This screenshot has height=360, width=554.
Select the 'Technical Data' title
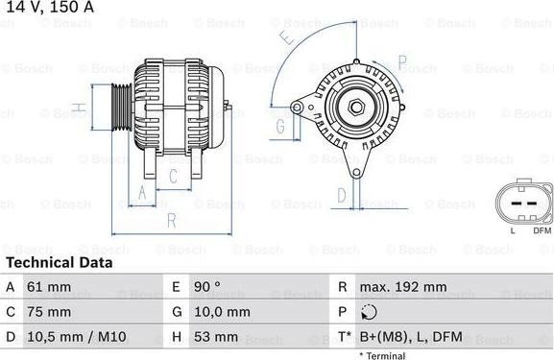[60, 262]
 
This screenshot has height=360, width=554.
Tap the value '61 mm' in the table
[48, 287]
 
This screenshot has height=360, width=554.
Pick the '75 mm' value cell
[48, 312]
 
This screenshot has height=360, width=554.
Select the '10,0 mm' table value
[224, 312]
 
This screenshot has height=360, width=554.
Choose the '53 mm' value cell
[215, 337]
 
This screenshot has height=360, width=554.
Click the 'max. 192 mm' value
[403, 287]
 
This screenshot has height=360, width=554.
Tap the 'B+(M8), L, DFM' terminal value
[410, 337]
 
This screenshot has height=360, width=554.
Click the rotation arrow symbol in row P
[372, 313]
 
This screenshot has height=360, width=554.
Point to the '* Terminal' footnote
[382, 355]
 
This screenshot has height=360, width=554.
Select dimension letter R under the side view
[170, 220]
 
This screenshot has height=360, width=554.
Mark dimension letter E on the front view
[286, 39]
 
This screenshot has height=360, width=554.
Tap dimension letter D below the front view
[341, 195]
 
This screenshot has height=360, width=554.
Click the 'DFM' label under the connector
[542, 230]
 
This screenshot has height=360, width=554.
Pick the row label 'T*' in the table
[343, 337]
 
